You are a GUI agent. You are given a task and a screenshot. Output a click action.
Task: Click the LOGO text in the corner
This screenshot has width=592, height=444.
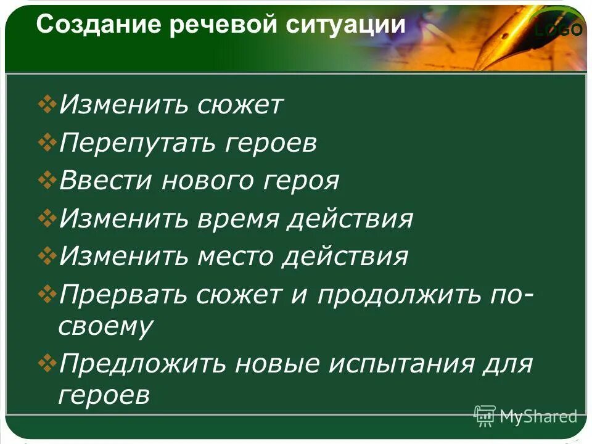point(558,30)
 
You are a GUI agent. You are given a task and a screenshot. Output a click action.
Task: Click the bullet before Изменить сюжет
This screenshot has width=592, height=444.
point(47,105)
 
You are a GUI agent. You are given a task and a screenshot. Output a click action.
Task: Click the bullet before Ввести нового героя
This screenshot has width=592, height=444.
point(47,181)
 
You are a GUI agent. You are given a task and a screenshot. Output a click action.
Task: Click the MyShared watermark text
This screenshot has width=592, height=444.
point(538,416)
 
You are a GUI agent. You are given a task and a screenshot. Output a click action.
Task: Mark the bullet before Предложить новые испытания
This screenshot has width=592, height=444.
point(47,363)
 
